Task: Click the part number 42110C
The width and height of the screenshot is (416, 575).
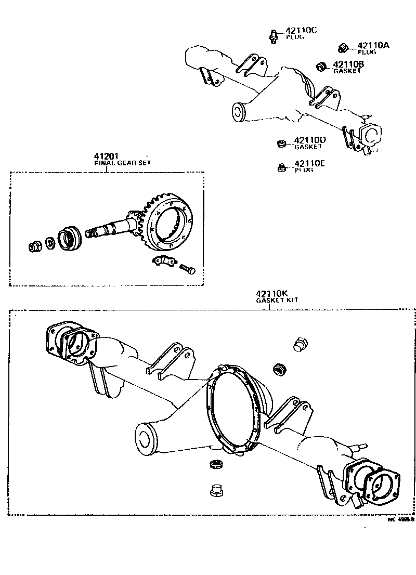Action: click(x=301, y=31)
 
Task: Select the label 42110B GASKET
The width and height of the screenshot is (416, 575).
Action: click(x=347, y=67)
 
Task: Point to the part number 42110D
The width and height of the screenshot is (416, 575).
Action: click(x=309, y=140)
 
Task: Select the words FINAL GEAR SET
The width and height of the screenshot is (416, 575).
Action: click(x=118, y=163)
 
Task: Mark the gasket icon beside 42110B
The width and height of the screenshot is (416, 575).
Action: click(x=322, y=66)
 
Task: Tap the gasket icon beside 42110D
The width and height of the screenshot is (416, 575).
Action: click(x=280, y=142)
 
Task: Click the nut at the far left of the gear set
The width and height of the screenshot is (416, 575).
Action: click(x=36, y=246)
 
